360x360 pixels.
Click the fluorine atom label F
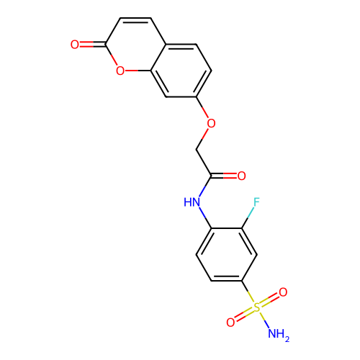(x=256, y=202)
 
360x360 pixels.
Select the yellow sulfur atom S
(x=257, y=307)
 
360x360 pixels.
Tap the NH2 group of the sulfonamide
(x=279, y=334)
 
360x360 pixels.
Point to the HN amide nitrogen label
(x=192, y=202)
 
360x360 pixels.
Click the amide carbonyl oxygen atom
(x=241, y=176)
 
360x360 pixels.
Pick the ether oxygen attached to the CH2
(x=211, y=123)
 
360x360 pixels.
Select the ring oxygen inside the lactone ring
(x=120, y=71)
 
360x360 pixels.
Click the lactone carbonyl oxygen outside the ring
(x=75, y=45)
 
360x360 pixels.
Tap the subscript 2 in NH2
(x=287, y=339)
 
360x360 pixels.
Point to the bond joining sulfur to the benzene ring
(x=248, y=292)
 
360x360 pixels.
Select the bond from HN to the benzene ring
(x=205, y=217)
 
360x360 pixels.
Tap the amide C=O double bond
(x=224, y=176)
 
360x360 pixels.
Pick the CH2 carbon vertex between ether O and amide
(x=197, y=150)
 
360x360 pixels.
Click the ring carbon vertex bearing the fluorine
(x=242, y=228)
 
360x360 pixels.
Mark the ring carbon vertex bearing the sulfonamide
(x=242, y=281)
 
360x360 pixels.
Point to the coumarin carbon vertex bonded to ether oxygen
(x=197, y=97)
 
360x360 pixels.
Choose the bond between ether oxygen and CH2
(x=202, y=139)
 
